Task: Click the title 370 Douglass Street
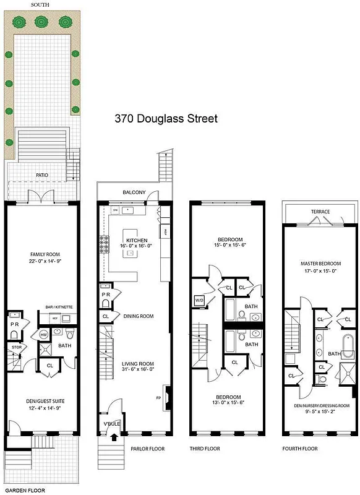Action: tap(166, 118)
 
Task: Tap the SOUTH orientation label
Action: tap(41, 4)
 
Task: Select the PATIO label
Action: tap(41, 175)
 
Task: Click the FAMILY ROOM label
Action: tap(41, 254)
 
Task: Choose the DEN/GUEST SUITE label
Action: tap(41, 401)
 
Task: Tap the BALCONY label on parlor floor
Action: tap(134, 192)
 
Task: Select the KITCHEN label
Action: tap(137, 239)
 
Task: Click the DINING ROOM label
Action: tap(138, 316)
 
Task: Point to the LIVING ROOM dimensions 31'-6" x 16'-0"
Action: tap(137, 370)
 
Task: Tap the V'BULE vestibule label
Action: tap(110, 424)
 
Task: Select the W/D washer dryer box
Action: tap(200, 301)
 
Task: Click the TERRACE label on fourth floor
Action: tap(320, 212)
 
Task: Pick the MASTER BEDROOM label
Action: tap(320, 264)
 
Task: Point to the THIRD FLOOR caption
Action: tap(205, 448)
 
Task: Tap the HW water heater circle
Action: tap(43, 335)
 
